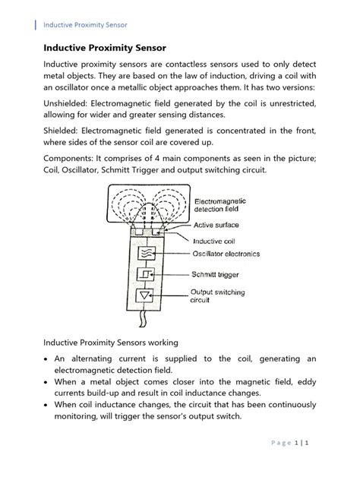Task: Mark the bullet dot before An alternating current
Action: point(47,358)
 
